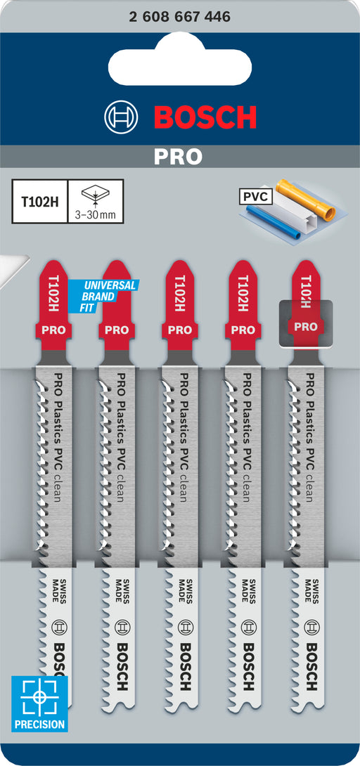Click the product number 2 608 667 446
(180, 17)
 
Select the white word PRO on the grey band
(178, 156)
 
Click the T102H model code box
(40, 201)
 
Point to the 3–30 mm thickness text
(95, 214)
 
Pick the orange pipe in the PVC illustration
(306, 200)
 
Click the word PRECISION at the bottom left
(39, 724)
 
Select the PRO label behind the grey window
(305, 326)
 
